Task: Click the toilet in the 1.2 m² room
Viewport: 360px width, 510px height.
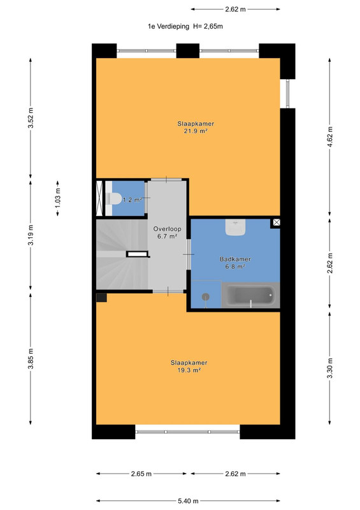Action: coord(113,199)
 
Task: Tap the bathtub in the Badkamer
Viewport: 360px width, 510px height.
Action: coord(250,295)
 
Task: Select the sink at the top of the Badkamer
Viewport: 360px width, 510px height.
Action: coord(236,227)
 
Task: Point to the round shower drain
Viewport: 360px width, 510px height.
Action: coord(206,296)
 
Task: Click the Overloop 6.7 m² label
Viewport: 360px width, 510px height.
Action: coord(167,233)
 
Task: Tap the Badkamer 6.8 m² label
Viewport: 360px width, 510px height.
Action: coord(235,263)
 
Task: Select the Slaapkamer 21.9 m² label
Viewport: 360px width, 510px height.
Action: coord(196,127)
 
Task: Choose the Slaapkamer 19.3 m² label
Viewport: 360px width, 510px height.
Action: coord(189,366)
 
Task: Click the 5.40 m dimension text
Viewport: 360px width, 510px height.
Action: coord(188,501)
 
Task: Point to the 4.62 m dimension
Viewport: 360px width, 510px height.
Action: coord(330,136)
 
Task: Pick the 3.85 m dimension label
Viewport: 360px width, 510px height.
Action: coord(31,359)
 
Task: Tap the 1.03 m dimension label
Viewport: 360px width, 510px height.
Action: coord(57,198)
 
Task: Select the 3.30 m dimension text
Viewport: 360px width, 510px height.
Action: coord(330,368)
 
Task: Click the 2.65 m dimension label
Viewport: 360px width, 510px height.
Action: coord(141,474)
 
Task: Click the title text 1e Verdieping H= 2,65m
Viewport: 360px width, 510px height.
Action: coord(185,26)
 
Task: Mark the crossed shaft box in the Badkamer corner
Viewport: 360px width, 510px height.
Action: coord(276,222)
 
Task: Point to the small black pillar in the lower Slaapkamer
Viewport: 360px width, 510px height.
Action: coord(101,298)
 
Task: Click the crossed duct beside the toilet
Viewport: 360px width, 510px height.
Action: coord(99,198)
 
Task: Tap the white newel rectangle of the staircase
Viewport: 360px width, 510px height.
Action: coord(137,254)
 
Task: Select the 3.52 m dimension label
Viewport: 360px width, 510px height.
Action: coord(31,118)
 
